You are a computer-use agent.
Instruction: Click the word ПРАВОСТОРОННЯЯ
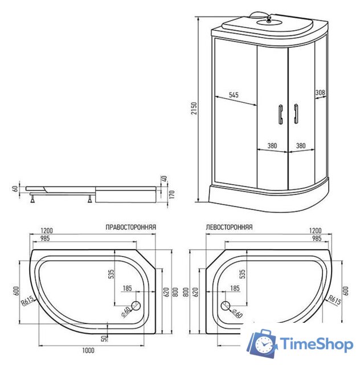130,226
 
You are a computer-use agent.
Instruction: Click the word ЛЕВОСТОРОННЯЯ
229,226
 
